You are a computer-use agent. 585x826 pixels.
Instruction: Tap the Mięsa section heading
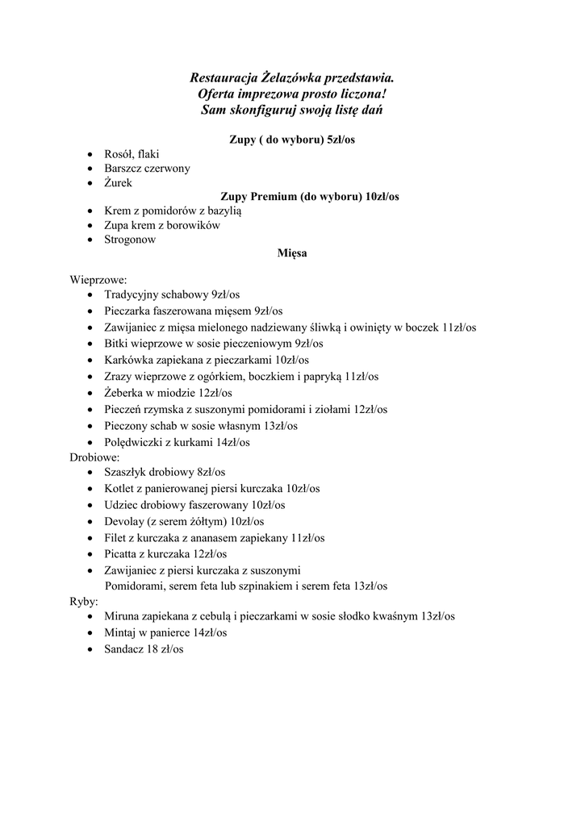[x=292, y=253]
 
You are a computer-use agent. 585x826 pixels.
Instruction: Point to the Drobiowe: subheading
[x=94, y=457]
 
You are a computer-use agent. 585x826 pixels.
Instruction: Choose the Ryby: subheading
[x=84, y=602]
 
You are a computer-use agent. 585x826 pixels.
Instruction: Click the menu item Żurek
[x=118, y=182]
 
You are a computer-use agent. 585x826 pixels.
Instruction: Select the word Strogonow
[x=130, y=240]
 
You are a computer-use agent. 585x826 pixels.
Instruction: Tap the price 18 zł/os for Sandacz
[x=165, y=648]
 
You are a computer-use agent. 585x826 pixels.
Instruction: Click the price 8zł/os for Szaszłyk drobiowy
[x=211, y=472]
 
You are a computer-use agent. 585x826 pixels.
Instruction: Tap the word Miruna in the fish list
[x=121, y=616]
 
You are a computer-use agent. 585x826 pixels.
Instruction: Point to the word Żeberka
[x=125, y=393]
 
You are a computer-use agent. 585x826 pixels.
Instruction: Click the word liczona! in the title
[x=361, y=94]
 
